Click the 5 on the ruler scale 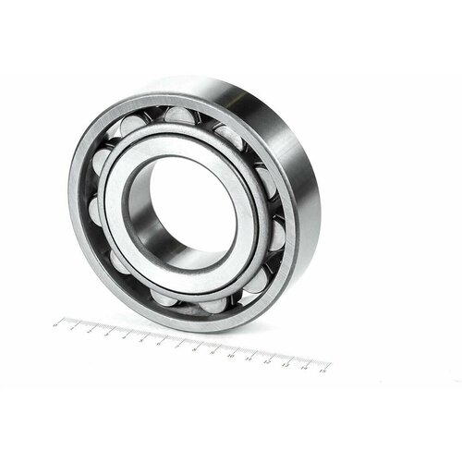[x=146, y=339]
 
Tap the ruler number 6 [x=164, y=342]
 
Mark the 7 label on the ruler [x=181, y=345]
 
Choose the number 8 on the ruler [x=199, y=347]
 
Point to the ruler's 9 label [x=216, y=350]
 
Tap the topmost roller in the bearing [x=178, y=115]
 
